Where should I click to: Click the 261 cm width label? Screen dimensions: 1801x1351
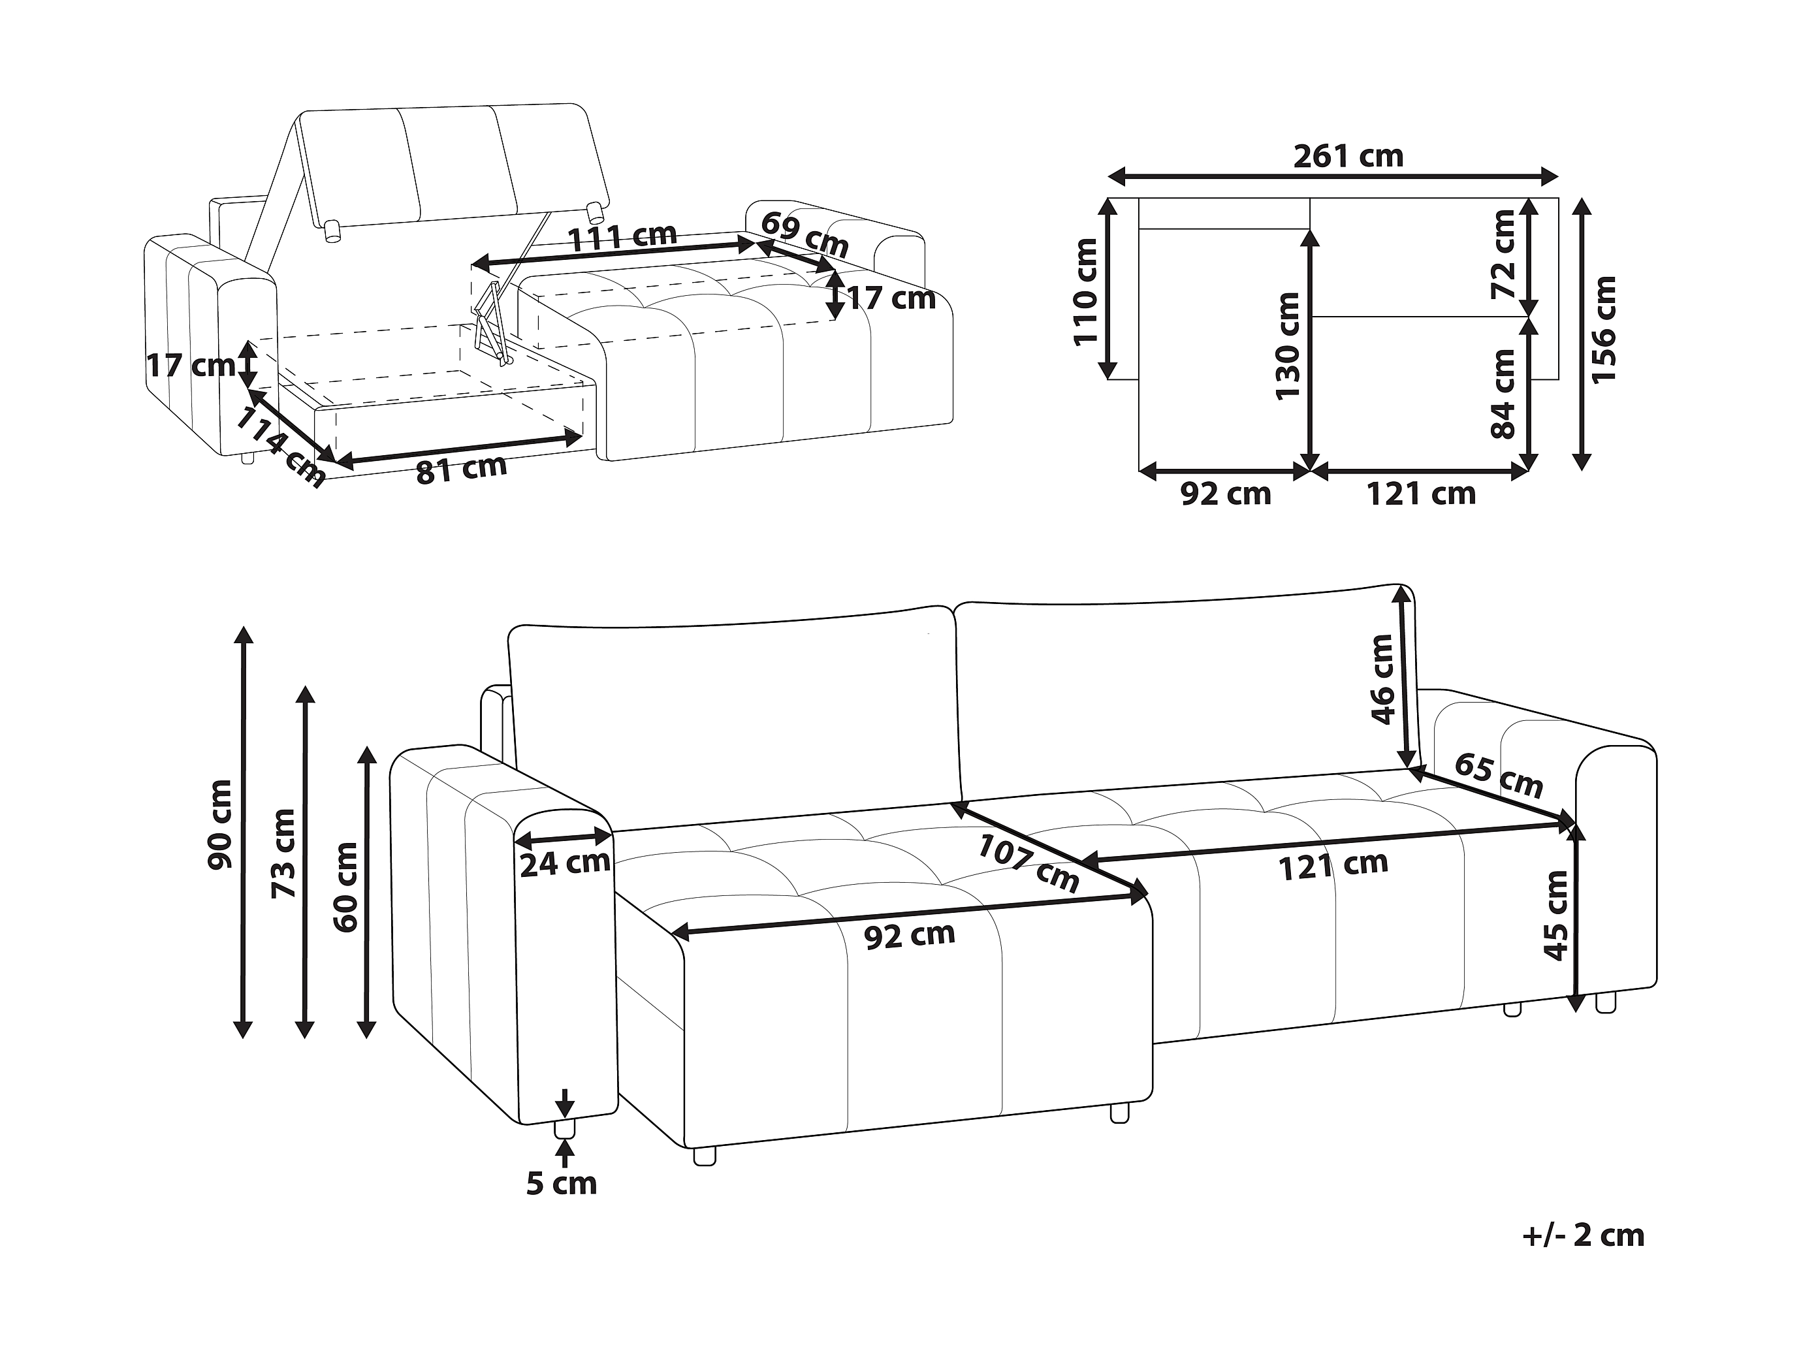tap(1348, 156)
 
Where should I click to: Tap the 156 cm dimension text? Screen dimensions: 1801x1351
tap(1603, 329)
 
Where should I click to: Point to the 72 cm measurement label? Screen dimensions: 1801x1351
tap(1503, 255)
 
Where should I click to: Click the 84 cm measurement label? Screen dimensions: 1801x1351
tap(1503, 395)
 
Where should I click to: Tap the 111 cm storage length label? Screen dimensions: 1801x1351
tap(622, 237)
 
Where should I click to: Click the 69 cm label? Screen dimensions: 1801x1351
tap(805, 234)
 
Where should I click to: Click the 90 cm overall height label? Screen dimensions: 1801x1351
tap(220, 825)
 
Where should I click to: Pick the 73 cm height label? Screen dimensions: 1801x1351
tap(283, 853)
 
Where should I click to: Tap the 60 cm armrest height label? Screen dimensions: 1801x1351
tap(345, 887)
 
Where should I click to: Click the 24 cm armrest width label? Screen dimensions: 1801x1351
tap(565, 863)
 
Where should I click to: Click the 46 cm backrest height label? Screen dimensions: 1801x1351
tap(1383, 679)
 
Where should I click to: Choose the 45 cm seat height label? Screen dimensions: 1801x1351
tap(1556, 915)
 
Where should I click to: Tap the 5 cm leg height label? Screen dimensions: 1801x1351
tap(562, 1183)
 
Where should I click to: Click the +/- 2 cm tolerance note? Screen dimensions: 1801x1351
tap(1584, 1235)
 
